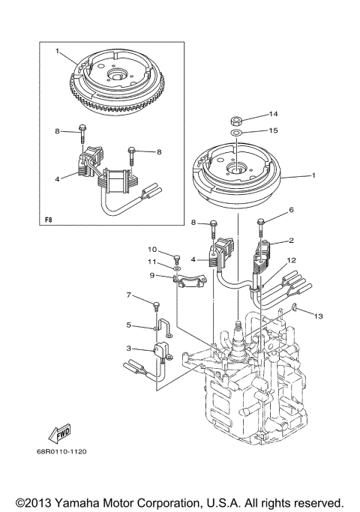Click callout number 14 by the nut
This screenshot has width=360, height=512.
(x=273, y=114)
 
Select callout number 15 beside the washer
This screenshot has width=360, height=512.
(x=273, y=130)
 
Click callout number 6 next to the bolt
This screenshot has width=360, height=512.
(x=292, y=211)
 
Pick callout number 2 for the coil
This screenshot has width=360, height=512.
(x=291, y=241)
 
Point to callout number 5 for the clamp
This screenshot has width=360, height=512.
(x=128, y=325)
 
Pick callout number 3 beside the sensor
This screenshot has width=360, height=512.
(x=128, y=349)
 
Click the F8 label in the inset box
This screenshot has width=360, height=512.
(x=49, y=220)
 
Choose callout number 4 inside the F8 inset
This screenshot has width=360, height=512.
(x=57, y=179)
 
